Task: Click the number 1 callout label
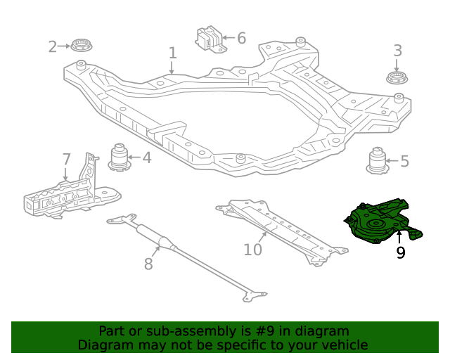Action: coord(172,53)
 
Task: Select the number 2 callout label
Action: coord(53,47)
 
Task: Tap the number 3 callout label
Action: coord(397,51)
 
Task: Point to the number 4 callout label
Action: coord(146,157)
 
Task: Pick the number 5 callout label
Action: coord(404,162)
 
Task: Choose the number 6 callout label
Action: coord(241,38)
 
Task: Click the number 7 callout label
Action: coord(66,159)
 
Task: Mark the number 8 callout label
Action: coord(148,264)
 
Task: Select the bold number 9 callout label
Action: coord(400,252)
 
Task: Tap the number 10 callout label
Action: coord(252,250)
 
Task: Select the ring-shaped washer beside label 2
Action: coord(82,46)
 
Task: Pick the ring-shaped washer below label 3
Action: coord(397,77)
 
